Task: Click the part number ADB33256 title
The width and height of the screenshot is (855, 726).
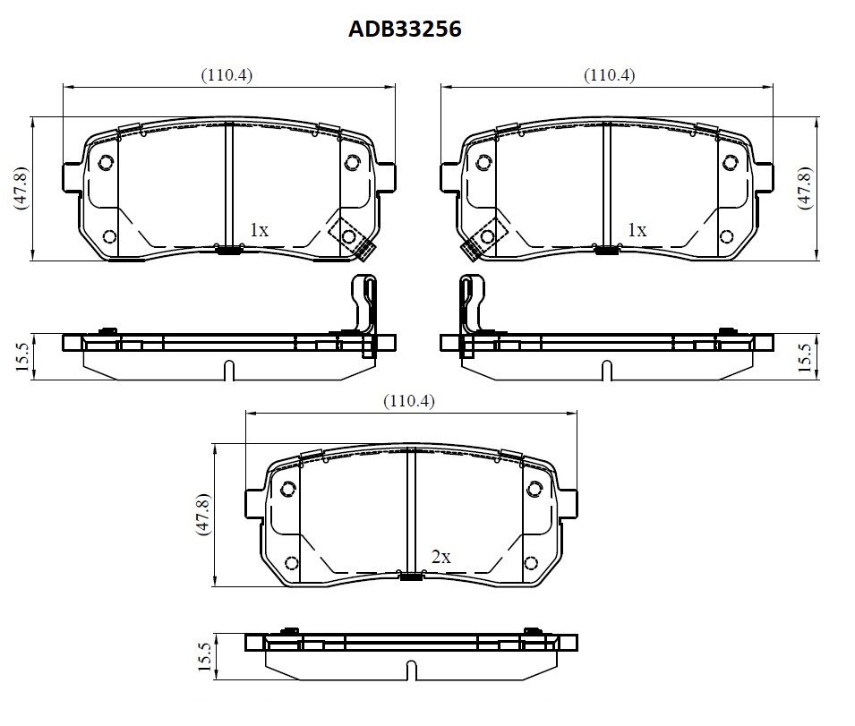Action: pyautogui.click(x=405, y=29)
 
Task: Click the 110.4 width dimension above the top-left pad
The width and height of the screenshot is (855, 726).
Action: pyautogui.click(x=227, y=74)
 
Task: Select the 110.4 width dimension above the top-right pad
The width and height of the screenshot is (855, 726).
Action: pyautogui.click(x=609, y=74)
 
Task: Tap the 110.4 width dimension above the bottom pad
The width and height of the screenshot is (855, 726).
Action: pyautogui.click(x=409, y=401)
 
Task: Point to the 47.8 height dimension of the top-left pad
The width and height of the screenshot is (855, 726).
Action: pyautogui.click(x=21, y=188)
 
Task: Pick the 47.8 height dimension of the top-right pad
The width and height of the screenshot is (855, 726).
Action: pyautogui.click(x=805, y=188)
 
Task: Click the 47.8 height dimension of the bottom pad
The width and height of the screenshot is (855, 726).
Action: pyautogui.click(x=203, y=515)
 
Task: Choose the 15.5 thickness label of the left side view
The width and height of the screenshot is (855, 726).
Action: pyautogui.click(x=21, y=357)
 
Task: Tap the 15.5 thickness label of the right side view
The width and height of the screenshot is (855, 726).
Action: pyautogui.click(x=805, y=357)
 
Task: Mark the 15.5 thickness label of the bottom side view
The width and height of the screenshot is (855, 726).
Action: pyautogui.click(x=204, y=656)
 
